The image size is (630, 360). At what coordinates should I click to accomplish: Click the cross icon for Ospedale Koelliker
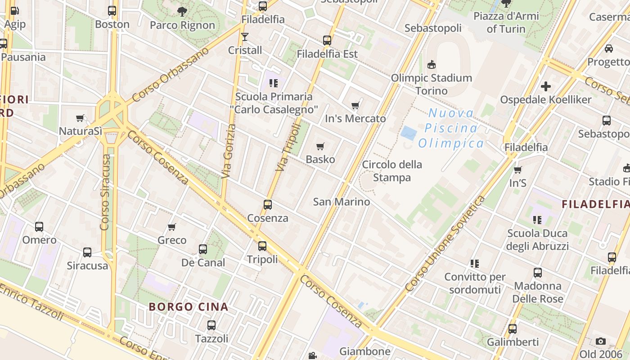(x=546, y=86)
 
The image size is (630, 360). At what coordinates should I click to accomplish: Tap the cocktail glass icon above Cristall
(x=245, y=36)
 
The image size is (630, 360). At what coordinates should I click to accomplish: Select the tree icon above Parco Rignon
(x=182, y=12)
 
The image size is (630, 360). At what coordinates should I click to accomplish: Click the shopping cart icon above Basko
(x=320, y=146)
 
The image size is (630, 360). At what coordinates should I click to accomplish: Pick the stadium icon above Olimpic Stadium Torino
(x=432, y=65)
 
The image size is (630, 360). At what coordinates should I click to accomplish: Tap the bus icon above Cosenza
(x=268, y=205)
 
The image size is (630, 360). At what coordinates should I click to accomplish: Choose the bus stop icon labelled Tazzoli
(x=211, y=325)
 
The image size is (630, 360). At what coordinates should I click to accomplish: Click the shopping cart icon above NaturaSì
(x=80, y=118)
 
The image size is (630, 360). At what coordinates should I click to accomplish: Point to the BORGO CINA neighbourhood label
(x=189, y=307)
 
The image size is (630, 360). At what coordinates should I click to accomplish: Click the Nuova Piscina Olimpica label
(x=451, y=128)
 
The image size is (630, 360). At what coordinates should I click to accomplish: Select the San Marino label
(x=342, y=202)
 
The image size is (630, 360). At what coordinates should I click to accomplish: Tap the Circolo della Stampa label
(x=392, y=171)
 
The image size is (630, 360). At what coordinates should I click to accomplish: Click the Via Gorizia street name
(x=229, y=151)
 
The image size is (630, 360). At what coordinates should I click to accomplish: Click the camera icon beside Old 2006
(x=600, y=342)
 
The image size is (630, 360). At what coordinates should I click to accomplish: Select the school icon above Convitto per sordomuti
(x=474, y=263)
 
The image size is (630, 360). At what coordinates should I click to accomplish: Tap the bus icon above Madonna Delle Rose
(x=538, y=273)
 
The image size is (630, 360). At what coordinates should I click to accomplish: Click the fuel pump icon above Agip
(x=15, y=11)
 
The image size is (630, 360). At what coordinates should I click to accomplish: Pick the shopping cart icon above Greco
(x=171, y=227)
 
